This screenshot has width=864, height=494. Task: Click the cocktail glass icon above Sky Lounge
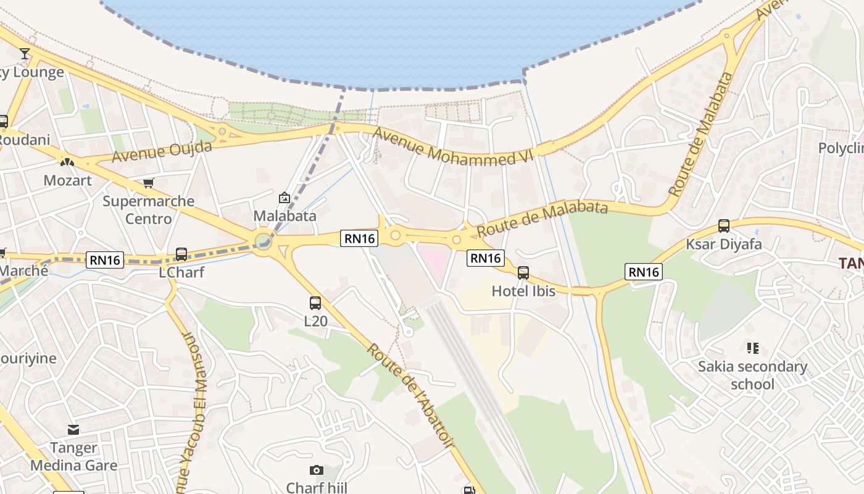point(25,54)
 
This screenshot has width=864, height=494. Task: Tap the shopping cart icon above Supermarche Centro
point(148,183)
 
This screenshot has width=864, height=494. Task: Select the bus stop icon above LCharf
point(181,254)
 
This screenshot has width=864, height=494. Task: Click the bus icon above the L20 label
point(315,303)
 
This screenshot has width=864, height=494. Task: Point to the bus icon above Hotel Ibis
point(523,272)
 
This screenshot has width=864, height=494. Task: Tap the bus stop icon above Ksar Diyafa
point(724,226)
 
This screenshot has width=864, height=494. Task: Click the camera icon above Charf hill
point(317,471)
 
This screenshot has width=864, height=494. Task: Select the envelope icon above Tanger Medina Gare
point(73,430)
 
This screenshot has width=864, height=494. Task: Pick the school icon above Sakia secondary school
point(752,348)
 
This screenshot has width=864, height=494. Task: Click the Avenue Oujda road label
point(162,151)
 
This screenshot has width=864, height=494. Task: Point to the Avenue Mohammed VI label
point(452,148)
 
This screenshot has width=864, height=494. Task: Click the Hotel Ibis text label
point(523,290)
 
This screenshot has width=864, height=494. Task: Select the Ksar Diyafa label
point(724,244)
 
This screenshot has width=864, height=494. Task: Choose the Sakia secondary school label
point(752,375)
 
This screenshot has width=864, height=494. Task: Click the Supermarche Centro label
point(148,210)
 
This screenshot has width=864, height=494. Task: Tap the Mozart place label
point(67,180)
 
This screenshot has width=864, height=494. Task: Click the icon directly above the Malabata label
point(285,198)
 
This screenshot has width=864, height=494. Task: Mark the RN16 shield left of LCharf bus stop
point(105,260)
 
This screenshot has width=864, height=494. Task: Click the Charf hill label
point(317,488)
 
